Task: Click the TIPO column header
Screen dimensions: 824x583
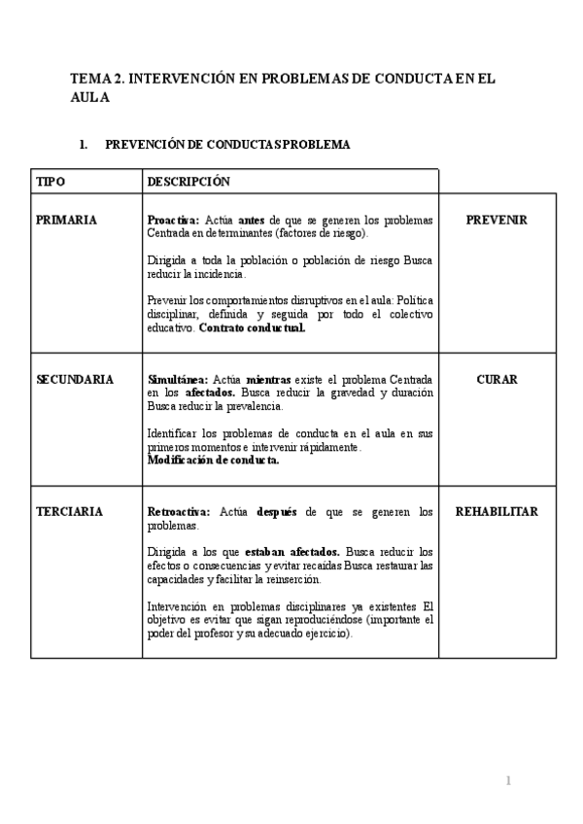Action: click(51, 182)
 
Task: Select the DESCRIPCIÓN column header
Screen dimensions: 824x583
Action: click(189, 182)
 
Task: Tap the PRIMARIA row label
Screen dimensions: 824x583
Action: click(66, 221)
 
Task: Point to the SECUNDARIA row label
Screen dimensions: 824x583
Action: click(75, 379)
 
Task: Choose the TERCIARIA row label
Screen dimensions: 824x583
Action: click(69, 512)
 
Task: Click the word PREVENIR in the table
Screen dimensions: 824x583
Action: click(497, 221)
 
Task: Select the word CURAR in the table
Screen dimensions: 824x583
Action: click(497, 379)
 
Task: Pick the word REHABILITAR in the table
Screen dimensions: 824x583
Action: click(497, 512)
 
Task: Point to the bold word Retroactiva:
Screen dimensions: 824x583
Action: click(180, 512)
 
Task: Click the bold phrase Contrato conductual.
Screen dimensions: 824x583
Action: click(252, 327)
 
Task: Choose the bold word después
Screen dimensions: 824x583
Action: click(276, 512)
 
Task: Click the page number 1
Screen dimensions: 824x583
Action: click(507, 780)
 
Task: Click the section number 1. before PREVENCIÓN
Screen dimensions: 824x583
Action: click(83, 145)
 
